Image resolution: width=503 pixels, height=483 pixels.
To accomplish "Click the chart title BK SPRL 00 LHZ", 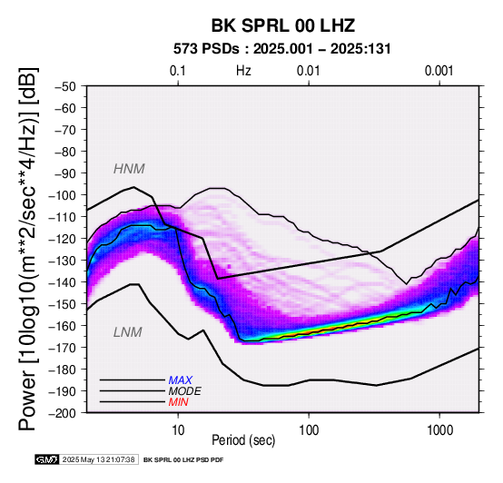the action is coord(283,25).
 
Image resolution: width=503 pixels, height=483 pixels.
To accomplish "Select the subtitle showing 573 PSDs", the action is coord(282,49).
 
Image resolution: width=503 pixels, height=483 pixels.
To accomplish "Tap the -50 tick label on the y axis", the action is coord(65,86).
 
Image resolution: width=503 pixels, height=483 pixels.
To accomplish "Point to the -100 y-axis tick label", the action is coord(63,195).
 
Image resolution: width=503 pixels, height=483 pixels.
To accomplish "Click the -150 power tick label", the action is coord(63,304).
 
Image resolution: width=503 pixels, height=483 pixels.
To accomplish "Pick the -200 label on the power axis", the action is coord(63,413).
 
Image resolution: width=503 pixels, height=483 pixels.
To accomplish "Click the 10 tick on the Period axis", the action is coord(178,430).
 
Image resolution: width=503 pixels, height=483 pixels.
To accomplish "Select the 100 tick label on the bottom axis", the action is coord(309,430).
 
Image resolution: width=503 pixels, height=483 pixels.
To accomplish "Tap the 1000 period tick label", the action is coord(439,430).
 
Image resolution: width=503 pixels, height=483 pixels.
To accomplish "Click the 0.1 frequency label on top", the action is coord(178,71).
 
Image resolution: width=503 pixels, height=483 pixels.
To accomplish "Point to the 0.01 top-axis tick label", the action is coord(309,71).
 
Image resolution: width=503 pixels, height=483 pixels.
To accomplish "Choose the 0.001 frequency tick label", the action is coord(439,71).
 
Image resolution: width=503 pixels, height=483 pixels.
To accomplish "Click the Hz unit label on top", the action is coord(243,71).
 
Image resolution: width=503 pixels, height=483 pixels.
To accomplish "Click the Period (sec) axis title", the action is coord(243,440).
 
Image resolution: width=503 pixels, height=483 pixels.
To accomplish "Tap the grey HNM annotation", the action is coord(129,169).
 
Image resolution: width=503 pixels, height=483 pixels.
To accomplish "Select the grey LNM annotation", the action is coord(128,332).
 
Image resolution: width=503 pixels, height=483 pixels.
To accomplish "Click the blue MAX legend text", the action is coord(181,380).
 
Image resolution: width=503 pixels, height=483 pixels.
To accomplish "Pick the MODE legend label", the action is coord(185,391).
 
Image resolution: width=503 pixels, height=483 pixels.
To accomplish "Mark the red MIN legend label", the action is coord(178,402).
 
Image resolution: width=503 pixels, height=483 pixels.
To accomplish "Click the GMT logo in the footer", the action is coord(47,459).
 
